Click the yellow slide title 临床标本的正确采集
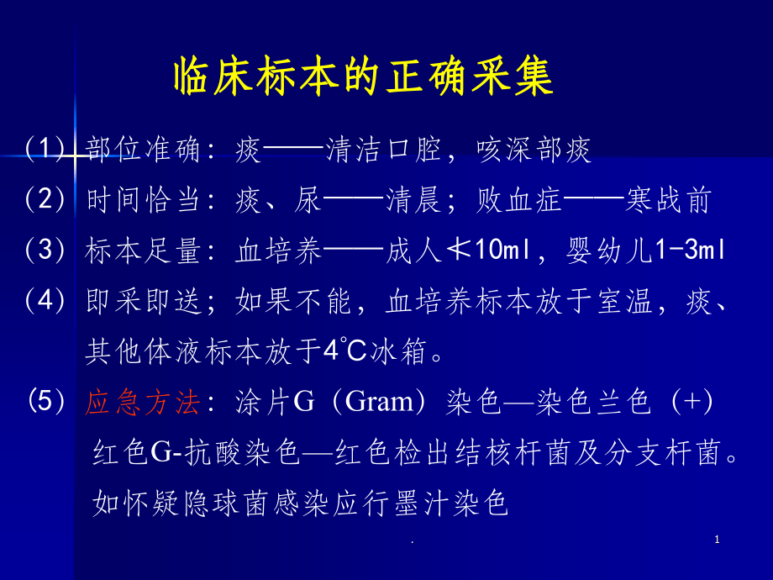[363, 78]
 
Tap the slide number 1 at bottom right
[717, 540]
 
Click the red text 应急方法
[143, 403]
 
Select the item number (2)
[45, 200]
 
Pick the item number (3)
[45, 250]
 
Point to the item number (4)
[45, 301]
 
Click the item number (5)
[47, 402]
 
